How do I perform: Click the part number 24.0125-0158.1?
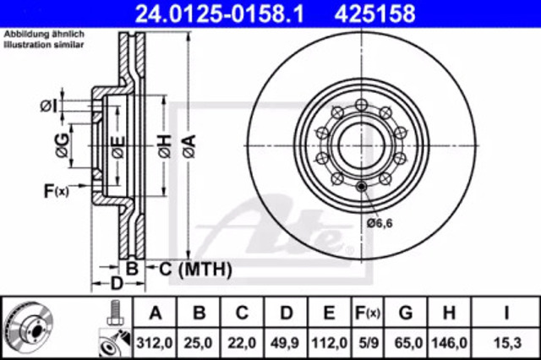220,14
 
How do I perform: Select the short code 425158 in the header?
375,14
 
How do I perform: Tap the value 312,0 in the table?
155,343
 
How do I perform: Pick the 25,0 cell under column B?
198,343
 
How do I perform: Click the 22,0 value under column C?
242,343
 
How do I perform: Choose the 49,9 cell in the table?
286,343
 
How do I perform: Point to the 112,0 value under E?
329,343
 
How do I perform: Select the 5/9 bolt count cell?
369,343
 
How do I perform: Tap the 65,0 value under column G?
406,343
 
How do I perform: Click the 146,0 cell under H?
449,343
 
